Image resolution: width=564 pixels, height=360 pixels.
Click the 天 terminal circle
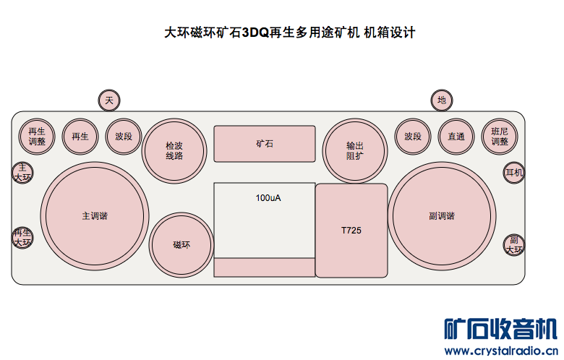pos(109,100)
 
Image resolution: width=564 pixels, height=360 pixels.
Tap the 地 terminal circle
pos(441,100)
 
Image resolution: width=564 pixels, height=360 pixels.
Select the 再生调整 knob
pos(37,136)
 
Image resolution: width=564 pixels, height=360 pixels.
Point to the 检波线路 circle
pos(174,150)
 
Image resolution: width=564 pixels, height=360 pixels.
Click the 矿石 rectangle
pos(265,144)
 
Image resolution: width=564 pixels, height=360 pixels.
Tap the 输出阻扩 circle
pos(354,150)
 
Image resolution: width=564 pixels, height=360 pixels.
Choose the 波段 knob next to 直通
pos(413,136)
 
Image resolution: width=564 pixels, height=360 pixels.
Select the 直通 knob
pos(456,136)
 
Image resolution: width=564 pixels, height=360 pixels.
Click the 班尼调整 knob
pos(500,136)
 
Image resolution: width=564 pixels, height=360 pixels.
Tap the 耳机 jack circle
pos(514,173)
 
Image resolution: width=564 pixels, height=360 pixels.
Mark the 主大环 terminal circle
pos(22,172)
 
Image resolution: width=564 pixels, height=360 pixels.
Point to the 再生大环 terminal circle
pos(22,237)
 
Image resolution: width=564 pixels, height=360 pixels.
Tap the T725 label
pos(351,231)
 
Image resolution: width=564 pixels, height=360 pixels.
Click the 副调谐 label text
pos(442,215)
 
